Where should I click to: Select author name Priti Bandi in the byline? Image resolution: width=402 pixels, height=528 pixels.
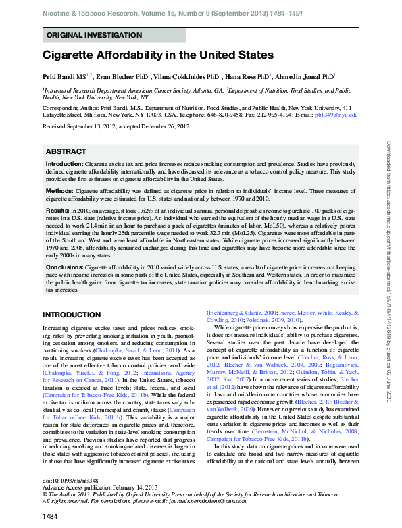(x=59, y=77)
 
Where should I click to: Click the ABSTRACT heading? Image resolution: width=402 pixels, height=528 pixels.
(x=66, y=152)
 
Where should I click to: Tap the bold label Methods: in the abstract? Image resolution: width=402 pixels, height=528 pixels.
(x=59, y=192)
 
